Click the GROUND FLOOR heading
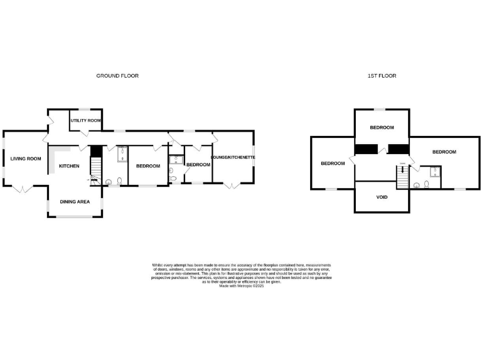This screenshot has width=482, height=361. (117, 76)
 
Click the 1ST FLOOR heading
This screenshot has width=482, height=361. (382, 76)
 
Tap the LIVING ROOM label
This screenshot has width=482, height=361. (26, 159)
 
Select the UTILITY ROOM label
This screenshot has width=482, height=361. (86, 120)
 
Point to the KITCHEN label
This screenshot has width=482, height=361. (69, 166)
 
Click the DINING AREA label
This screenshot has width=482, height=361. (75, 202)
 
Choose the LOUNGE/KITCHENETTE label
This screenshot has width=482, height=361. (232, 157)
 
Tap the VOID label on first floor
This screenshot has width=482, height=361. (382, 197)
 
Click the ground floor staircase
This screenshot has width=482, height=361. (96, 168)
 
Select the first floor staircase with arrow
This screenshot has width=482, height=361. (402, 178)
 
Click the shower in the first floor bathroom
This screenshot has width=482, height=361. (432, 172)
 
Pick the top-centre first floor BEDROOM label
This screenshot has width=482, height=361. (382, 127)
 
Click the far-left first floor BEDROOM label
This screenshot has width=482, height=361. (333, 164)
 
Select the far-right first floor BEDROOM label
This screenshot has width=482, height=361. (444, 152)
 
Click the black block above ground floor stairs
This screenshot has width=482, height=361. (96, 152)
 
